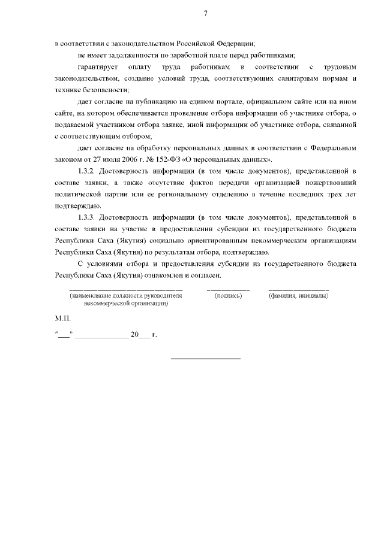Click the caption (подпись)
(228, 296)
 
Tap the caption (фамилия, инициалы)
(298, 296)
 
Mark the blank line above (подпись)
(228, 289)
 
